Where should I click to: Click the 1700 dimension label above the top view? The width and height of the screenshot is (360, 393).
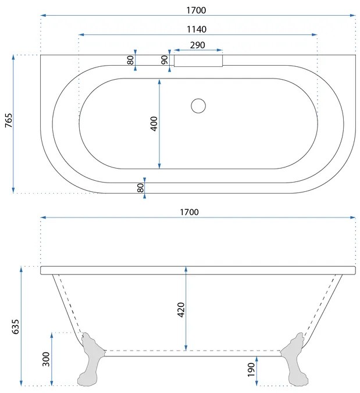[196, 10]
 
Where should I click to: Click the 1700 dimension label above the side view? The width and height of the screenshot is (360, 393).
[189, 212]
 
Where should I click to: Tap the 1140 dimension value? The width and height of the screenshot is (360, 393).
[197, 29]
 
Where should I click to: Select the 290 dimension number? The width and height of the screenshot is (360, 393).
[198, 45]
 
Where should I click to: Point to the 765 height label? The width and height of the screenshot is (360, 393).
[9, 120]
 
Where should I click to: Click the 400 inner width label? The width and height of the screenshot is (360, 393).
[154, 124]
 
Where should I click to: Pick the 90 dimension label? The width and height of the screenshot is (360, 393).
[165, 60]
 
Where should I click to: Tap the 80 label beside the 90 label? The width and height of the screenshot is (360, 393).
[130, 60]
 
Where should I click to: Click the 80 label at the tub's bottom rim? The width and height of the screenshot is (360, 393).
[141, 188]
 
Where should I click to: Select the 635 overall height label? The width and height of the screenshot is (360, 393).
[16, 327]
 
